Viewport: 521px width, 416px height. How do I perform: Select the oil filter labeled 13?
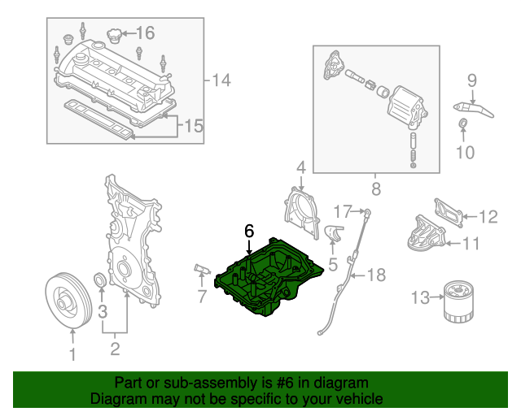(460, 301)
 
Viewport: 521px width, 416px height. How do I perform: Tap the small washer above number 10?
(463, 124)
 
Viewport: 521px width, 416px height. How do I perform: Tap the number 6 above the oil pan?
(249, 231)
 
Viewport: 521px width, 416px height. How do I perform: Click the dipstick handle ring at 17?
(368, 212)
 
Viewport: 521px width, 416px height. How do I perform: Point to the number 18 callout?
(375, 275)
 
